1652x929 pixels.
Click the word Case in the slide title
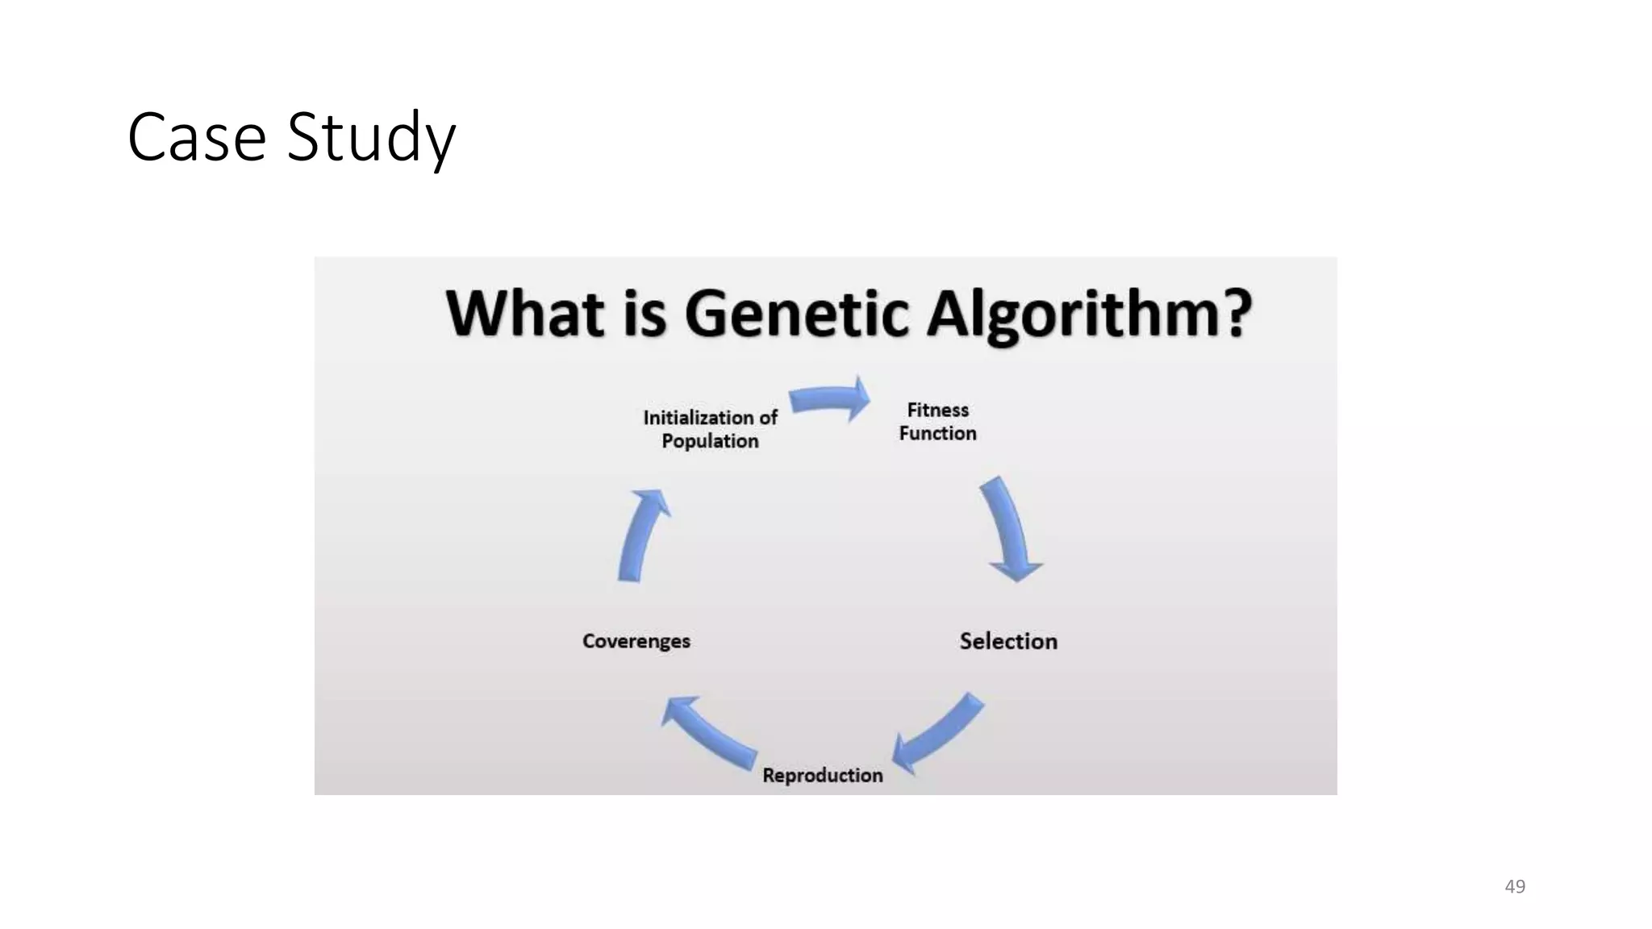point(197,138)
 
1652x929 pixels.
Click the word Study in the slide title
point(372,138)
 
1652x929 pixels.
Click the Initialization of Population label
point(710,429)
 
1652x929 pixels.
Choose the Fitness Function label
point(937,422)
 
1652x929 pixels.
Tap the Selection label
point(1008,641)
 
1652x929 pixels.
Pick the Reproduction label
point(823,775)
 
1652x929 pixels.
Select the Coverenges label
point(636,641)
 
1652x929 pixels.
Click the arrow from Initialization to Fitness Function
point(829,398)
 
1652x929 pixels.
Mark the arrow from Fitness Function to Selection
point(1008,528)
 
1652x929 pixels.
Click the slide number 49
point(1515,886)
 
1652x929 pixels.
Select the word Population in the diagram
point(710,441)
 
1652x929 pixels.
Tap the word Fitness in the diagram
point(937,410)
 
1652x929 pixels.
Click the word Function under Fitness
point(937,434)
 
